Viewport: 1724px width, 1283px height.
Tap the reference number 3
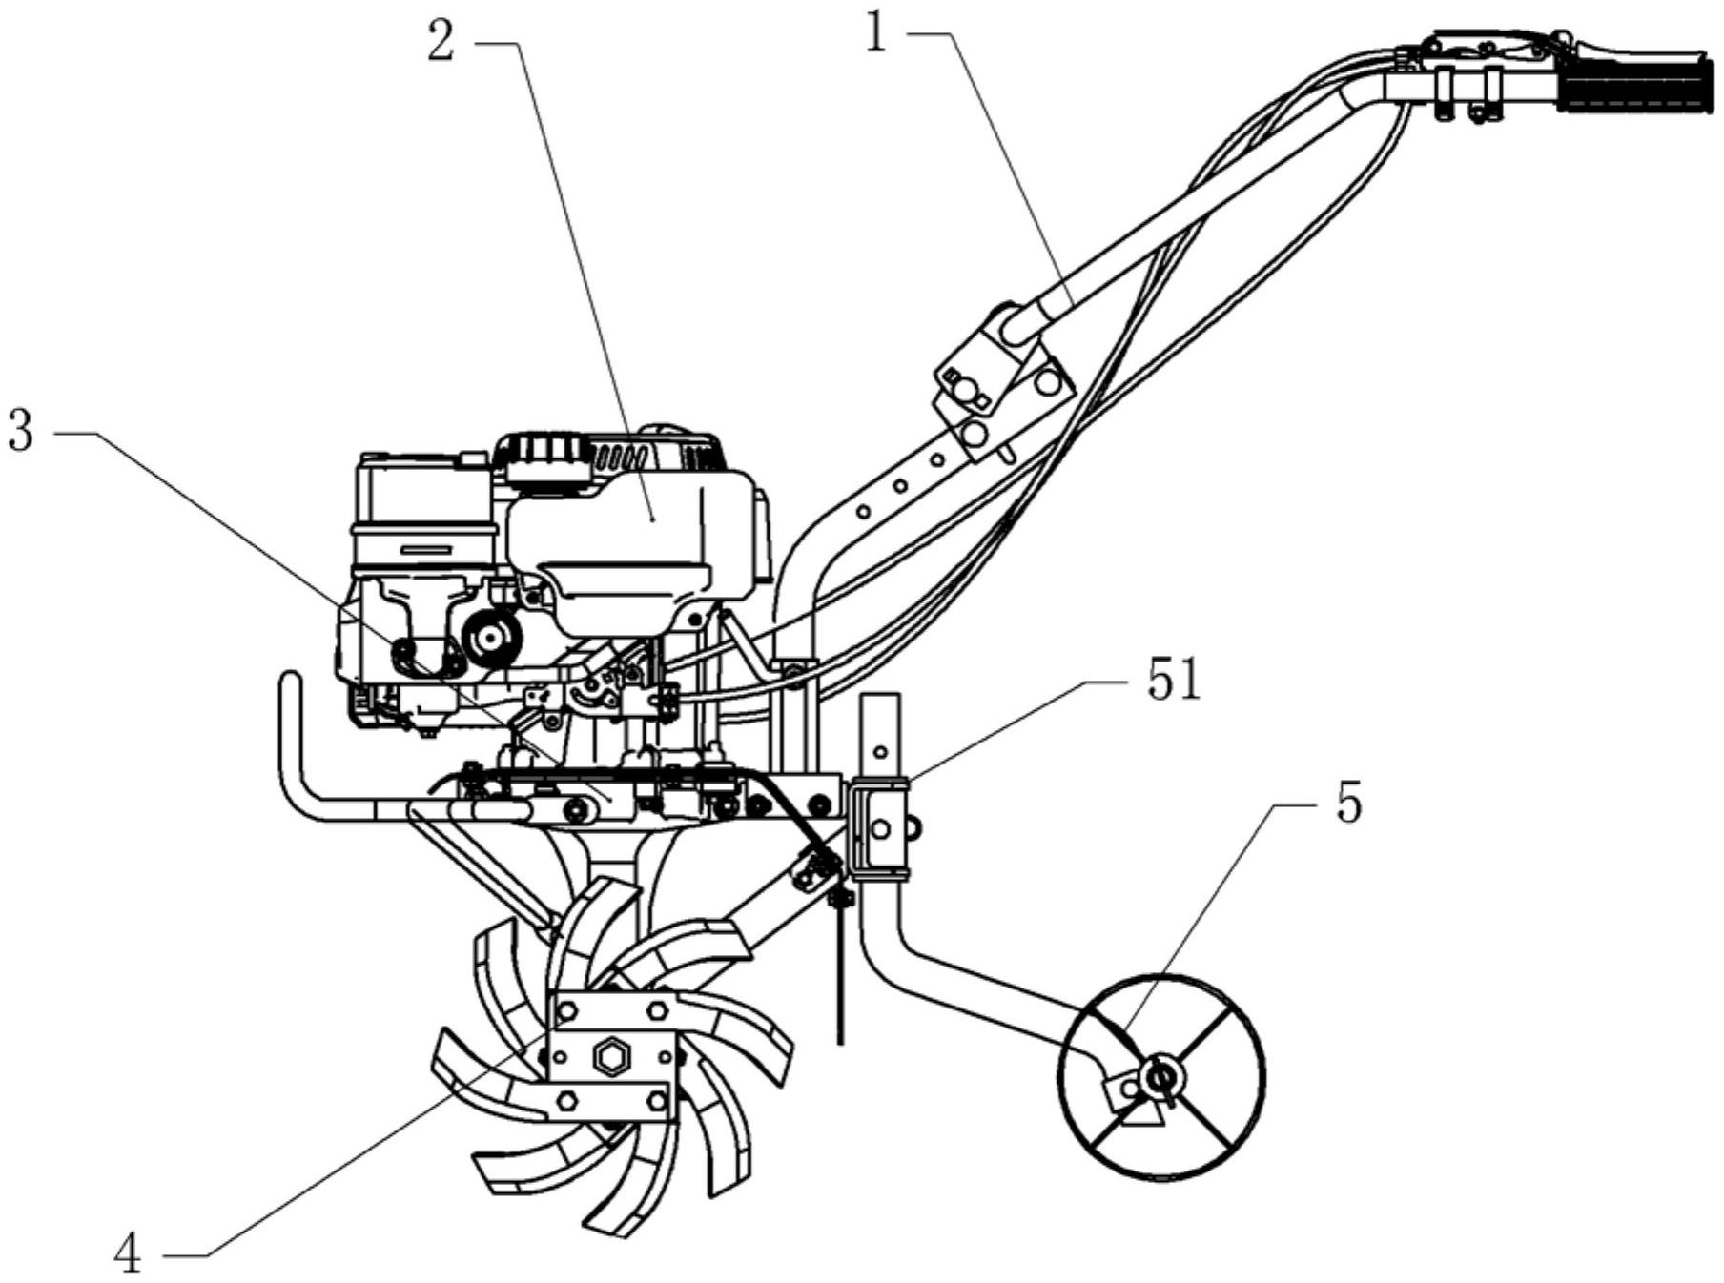click(x=20, y=431)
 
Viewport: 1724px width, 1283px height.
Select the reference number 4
click(x=128, y=1257)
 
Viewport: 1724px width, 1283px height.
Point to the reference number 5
click(x=1348, y=804)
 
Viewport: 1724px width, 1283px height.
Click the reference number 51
click(x=1174, y=681)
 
